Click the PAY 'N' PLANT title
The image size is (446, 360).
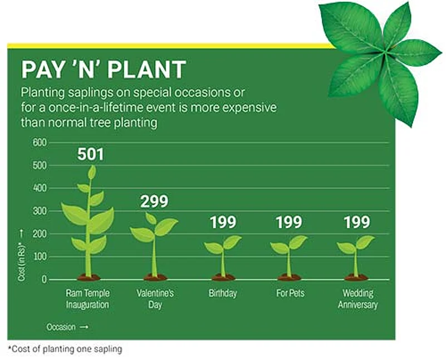[x=104, y=70]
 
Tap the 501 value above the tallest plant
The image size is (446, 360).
[x=90, y=154]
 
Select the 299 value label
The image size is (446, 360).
[x=154, y=201]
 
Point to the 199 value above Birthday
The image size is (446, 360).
[x=223, y=222]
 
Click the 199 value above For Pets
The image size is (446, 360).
[x=289, y=222]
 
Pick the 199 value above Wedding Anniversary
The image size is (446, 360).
[x=357, y=222]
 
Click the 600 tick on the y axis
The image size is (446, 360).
[x=40, y=142]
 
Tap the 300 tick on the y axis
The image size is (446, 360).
[x=40, y=211]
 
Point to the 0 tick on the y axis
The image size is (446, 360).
[x=44, y=279]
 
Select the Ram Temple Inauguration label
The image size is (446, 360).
[x=87, y=299]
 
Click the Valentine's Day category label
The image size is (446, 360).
[x=155, y=299]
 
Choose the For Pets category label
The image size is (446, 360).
[x=291, y=293]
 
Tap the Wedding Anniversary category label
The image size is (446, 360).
[x=358, y=299]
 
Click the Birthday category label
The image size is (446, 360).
[x=223, y=293]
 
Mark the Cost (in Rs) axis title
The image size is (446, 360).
[x=21, y=262]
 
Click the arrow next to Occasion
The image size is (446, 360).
[x=84, y=327]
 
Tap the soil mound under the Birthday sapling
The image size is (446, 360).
[x=223, y=277]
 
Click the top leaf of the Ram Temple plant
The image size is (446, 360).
[x=91, y=172]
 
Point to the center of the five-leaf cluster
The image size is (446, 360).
[x=385, y=52]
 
